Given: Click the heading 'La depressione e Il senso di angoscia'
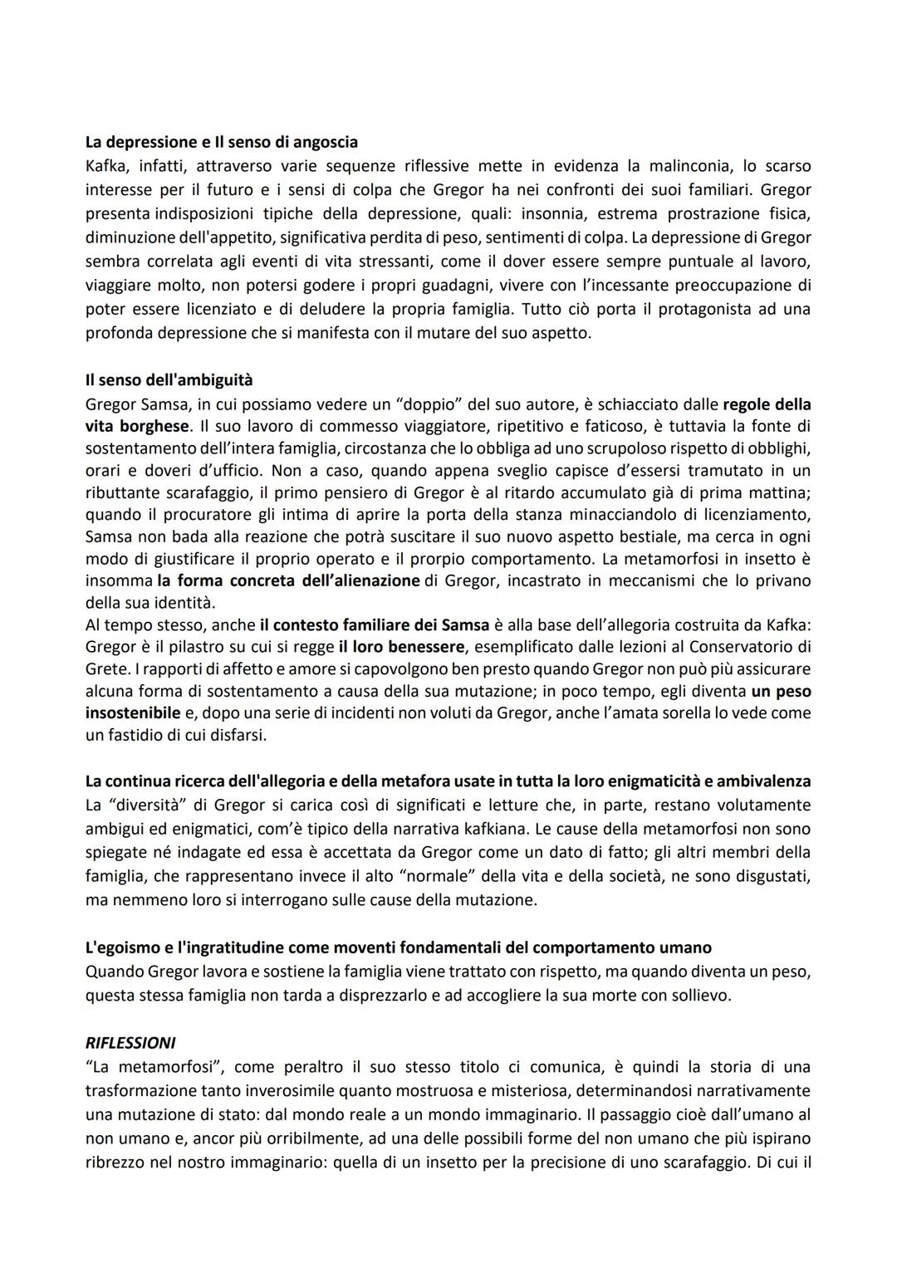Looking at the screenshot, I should pyautogui.click(x=222, y=142).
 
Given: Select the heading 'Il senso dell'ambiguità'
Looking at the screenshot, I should pyautogui.click(x=169, y=379).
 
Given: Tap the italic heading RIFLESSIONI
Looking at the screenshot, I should pyautogui.click(x=130, y=1042).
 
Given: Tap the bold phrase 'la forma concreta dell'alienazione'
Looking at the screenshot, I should pyautogui.click(x=288, y=580).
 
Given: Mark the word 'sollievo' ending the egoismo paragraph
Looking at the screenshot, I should pyautogui.click(x=698, y=994).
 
